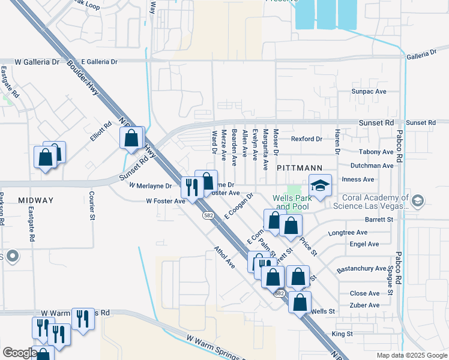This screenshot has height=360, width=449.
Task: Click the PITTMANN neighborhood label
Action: point(300,169)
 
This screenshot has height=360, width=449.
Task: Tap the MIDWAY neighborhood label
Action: point(35,200)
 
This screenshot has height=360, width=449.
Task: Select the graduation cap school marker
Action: point(321,186)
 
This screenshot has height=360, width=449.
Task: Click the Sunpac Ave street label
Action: point(369,92)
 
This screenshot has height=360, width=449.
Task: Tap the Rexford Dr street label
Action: point(307,139)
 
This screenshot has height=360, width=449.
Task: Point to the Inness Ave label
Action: point(375,179)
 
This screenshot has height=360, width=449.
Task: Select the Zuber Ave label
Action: point(365,305)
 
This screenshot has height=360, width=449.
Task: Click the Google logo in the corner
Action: point(19,353)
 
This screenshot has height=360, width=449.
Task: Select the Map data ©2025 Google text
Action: point(411,355)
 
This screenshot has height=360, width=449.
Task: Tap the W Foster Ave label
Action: point(166,202)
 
